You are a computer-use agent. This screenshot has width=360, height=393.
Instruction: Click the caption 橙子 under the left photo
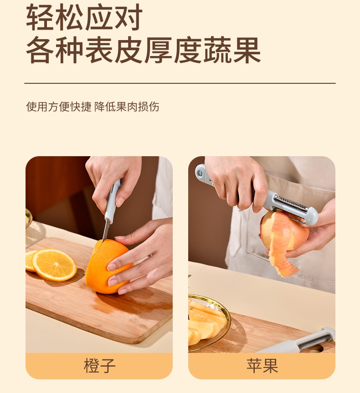click(100, 366)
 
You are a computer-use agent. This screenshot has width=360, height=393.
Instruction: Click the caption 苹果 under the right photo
click(262, 366)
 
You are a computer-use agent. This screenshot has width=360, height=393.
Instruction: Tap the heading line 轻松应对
click(84, 17)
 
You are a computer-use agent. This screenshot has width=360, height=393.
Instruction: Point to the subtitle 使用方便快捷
click(59, 107)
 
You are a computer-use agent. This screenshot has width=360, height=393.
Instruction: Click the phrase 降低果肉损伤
click(127, 107)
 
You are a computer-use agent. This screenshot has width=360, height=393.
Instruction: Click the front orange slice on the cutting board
click(54, 265)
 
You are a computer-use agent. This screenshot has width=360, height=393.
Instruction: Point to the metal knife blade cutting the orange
click(106, 230)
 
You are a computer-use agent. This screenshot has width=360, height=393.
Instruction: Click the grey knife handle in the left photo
click(113, 200)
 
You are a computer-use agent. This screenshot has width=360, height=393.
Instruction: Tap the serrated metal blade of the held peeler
click(291, 204)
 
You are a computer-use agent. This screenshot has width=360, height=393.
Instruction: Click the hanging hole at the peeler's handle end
click(200, 173)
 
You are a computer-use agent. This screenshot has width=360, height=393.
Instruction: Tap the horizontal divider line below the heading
click(180, 83)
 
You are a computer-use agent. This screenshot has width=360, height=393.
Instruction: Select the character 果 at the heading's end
click(247, 50)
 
